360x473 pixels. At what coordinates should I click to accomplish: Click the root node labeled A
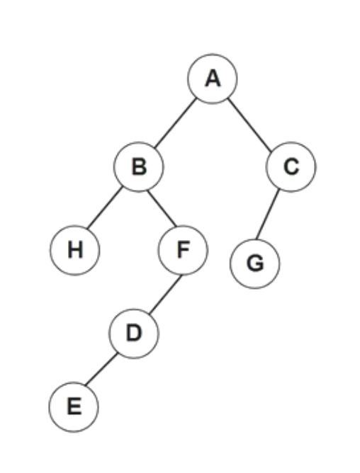point(213,79)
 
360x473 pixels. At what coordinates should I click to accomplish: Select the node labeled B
point(139,167)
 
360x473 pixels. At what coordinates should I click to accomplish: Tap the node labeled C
point(291,167)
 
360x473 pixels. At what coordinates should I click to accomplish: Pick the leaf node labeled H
point(74,250)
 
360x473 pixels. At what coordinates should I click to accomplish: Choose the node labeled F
point(183,250)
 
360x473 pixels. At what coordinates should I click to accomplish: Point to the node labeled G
point(255,263)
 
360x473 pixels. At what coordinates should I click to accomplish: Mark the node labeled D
point(133,334)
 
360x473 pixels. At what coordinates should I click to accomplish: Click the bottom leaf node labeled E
point(74,407)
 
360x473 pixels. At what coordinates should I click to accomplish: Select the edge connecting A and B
point(176,123)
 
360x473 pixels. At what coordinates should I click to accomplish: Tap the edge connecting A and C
point(249,125)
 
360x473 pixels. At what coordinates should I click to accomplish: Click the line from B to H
point(104,207)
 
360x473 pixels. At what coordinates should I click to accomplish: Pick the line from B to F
point(162,208)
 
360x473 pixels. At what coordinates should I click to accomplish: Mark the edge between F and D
point(166,294)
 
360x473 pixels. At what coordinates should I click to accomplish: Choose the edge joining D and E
point(101,369)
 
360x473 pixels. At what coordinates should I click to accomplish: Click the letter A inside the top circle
point(213,79)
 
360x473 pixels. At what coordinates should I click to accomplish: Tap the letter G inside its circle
point(255,263)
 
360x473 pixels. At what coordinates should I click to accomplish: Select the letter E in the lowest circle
point(74,406)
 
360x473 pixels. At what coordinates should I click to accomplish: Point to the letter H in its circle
point(75,250)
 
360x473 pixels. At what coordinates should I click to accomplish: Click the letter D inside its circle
point(134,333)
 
